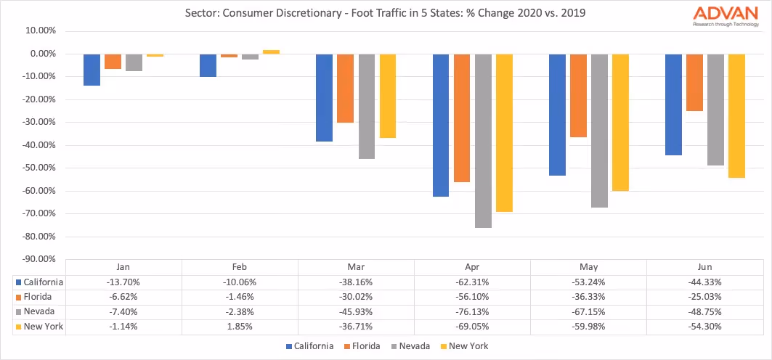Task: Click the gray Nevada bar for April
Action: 484,141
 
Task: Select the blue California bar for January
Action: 92,70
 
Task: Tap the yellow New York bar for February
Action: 271,52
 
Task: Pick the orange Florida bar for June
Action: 694,82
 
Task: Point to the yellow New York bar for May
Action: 620,122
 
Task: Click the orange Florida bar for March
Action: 346,88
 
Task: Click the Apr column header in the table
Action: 472,266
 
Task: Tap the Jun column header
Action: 705,266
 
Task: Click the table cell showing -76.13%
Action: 472,311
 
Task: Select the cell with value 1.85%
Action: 240,327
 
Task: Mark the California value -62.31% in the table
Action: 472,282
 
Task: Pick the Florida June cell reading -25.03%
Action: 705,296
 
